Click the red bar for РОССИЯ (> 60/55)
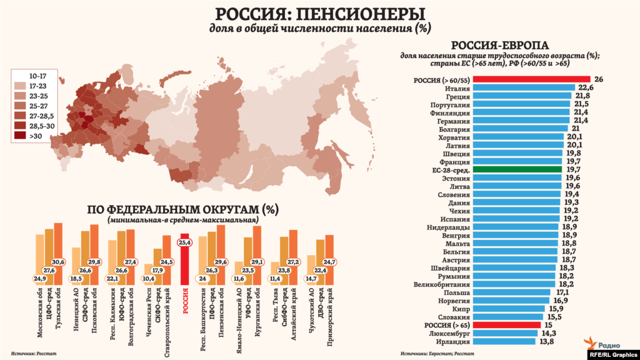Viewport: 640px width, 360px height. (x=531, y=79)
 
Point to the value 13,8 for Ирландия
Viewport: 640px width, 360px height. (x=547, y=342)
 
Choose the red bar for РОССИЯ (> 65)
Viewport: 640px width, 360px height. (x=507, y=325)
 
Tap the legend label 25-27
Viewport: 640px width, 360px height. (x=39, y=106)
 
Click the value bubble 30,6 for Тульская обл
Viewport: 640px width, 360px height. (x=58, y=261)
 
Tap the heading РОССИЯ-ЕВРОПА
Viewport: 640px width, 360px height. (x=500, y=45)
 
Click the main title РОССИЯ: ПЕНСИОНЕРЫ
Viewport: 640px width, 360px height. (x=319, y=14)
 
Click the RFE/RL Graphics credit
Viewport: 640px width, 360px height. (x=614, y=354)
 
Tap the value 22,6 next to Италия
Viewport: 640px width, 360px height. (x=586, y=88)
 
